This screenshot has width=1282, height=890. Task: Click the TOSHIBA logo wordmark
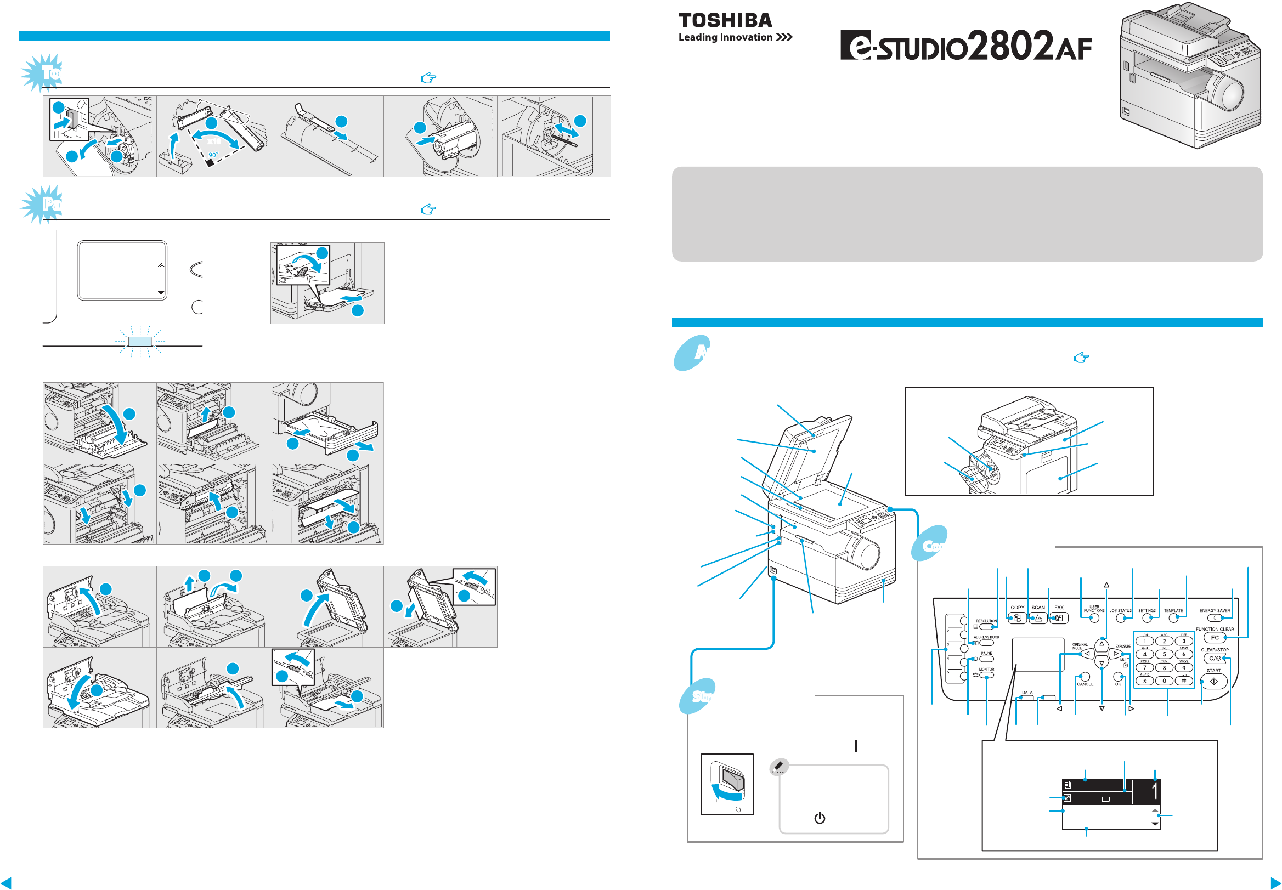725,21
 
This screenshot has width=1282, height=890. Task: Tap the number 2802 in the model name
1010,46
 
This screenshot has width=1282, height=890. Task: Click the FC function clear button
1214,637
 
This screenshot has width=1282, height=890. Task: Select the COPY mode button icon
1017,618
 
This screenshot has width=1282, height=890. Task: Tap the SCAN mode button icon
1038,618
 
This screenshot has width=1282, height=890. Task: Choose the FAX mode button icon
1059,618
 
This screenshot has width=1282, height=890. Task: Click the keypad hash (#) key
1183,681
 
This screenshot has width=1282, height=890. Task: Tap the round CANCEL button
1085,677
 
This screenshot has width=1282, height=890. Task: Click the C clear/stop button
1214,659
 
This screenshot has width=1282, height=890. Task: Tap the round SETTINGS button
1147,619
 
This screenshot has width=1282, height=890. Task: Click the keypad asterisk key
1144,681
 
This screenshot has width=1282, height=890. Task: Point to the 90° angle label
213,155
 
